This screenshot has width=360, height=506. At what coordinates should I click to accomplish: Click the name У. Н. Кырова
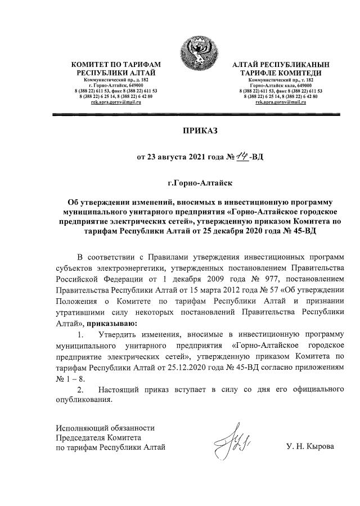coord(310,447)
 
